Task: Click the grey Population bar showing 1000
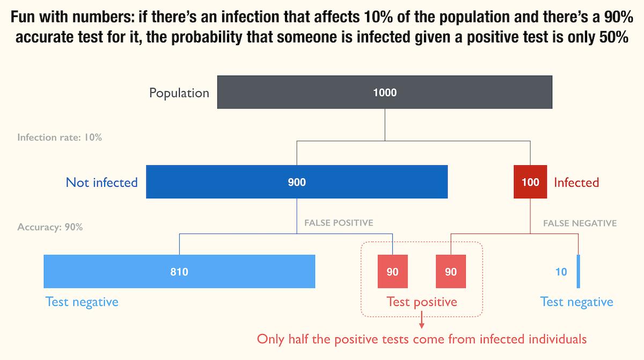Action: point(385,92)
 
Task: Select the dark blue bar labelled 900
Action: point(297,182)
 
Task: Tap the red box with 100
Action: point(530,182)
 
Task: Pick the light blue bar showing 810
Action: point(179,272)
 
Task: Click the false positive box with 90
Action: point(393,272)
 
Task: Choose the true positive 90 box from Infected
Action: point(451,272)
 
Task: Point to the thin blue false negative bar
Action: point(579,272)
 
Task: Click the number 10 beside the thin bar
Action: point(561,272)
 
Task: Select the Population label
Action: point(179,93)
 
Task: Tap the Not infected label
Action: point(101,182)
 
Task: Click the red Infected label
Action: point(576,182)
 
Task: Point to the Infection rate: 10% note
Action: point(60,137)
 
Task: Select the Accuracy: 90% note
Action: point(50,227)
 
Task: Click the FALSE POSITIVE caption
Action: point(339,222)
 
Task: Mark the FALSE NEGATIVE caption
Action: point(580,223)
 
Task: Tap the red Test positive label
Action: point(422,302)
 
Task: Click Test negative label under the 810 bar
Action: point(82,302)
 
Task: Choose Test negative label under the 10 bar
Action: point(576,302)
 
